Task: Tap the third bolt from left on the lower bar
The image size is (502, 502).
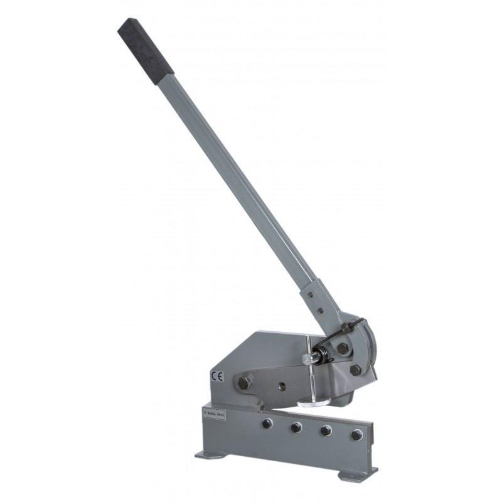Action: [x=326, y=430]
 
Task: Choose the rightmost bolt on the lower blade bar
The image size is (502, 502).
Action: [x=357, y=434]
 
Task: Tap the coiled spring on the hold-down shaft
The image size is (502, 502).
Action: [x=326, y=355]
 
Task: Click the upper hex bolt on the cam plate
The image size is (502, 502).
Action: [x=343, y=347]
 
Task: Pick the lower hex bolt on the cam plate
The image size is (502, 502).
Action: [x=355, y=370]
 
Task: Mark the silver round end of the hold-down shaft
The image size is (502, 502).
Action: [x=306, y=358]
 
